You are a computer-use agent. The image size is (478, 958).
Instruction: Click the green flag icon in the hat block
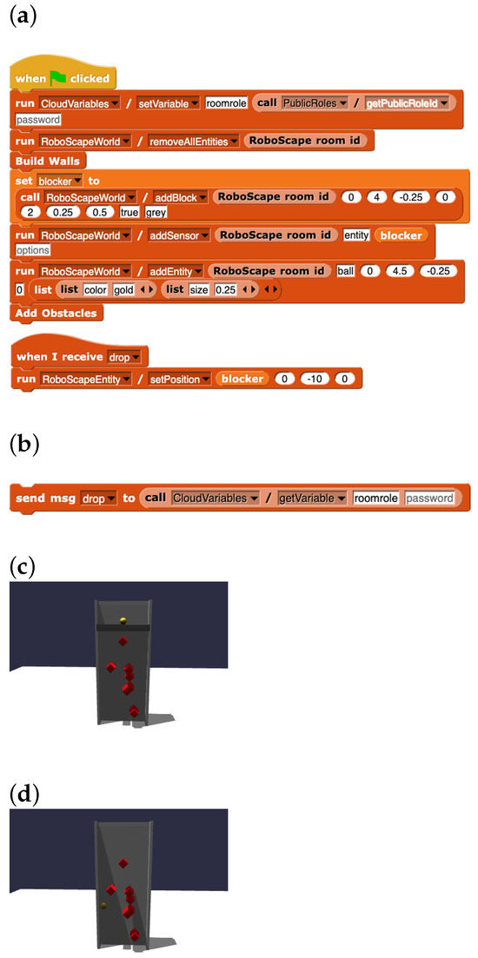pos(59,78)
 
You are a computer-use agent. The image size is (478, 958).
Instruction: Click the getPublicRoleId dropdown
pos(406,104)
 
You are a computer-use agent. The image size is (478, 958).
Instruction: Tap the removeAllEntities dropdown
pos(193,141)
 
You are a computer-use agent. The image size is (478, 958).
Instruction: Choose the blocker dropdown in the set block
pos(60,181)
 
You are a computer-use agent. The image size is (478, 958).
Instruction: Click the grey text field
pos(156,212)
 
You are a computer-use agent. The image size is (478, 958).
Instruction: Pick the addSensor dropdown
pos(180,235)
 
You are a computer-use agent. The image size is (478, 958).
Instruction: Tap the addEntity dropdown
pos(176,271)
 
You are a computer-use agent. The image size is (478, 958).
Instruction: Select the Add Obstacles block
pos(56,312)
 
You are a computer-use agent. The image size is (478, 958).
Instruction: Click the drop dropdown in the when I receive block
pos(124,356)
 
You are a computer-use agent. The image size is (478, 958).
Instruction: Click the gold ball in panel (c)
pos(123,620)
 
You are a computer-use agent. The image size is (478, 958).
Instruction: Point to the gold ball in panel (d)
pos(104,904)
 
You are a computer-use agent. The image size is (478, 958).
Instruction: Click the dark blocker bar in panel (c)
pos(123,627)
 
